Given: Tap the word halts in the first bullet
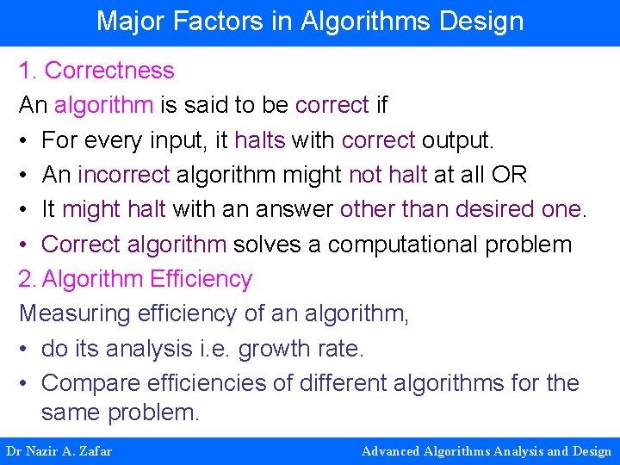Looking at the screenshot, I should click(x=259, y=140).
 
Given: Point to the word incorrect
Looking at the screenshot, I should click(x=123, y=175).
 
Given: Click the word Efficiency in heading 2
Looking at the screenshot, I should click(x=201, y=279).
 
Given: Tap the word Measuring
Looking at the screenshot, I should click(x=71, y=314).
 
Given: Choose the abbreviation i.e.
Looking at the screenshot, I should click(x=212, y=349).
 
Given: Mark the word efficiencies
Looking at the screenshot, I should click(x=219, y=383).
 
